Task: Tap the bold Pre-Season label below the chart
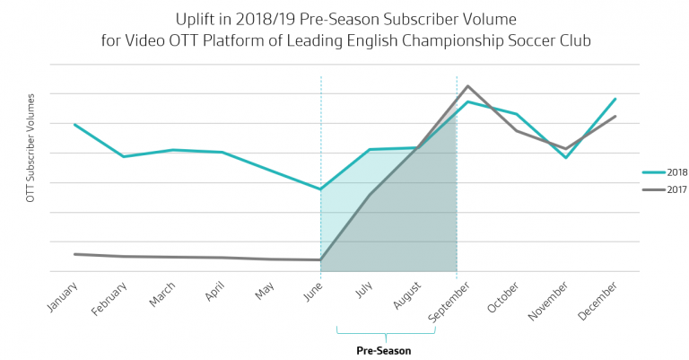(384, 351)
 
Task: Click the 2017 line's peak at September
(467, 86)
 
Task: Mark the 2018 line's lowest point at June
(320, 189)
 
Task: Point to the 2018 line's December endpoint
(615, 99)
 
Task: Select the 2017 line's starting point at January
(74, 254)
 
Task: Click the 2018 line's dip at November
(565, 158)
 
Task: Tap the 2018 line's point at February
(124, 156)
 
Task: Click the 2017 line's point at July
(370, 194)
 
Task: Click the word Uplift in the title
(199, 18)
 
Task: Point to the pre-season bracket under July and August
(386, 332)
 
